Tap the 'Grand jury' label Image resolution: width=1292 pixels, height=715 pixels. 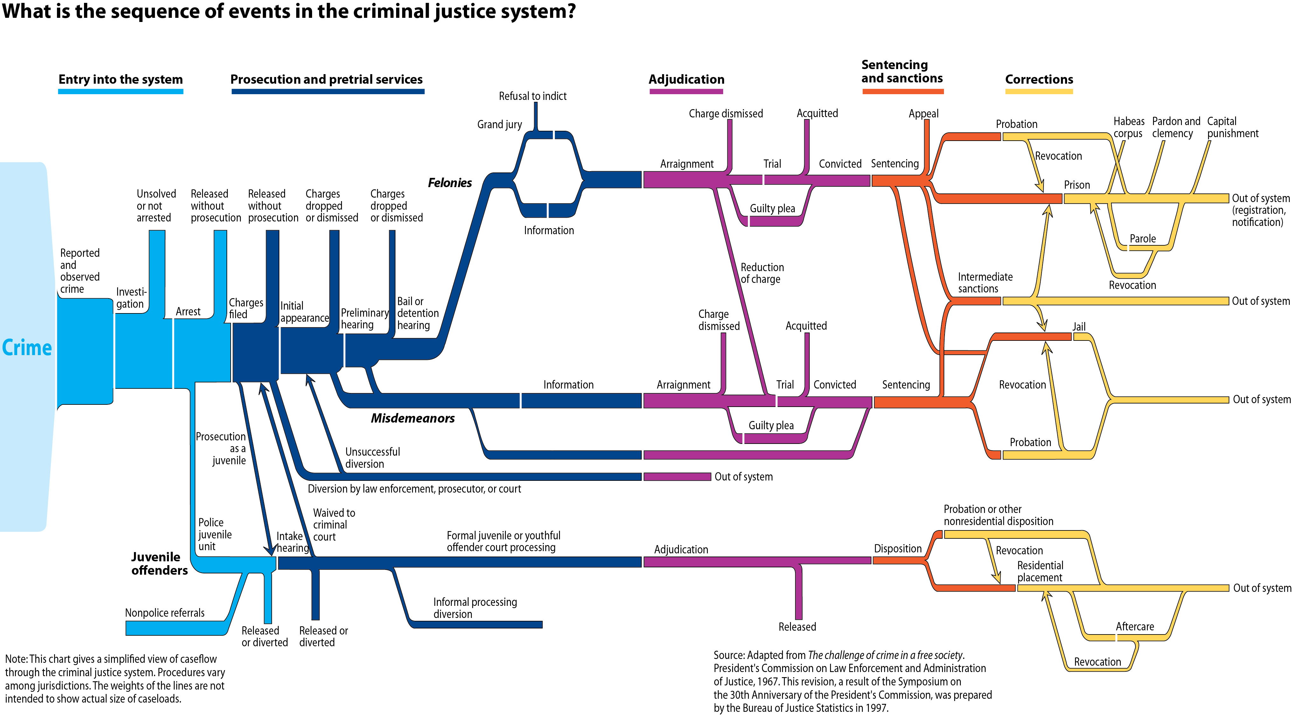click(499, 124)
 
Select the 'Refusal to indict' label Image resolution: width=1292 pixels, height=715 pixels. click(532, 96)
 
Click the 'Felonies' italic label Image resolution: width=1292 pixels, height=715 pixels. click(450, 183)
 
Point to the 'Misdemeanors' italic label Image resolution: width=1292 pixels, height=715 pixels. click(412, 418)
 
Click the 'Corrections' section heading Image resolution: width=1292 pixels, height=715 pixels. click(1039, 79)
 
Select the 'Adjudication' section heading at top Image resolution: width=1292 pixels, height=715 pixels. click(686, 79)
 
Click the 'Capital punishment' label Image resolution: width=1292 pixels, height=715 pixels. click(1232, 128)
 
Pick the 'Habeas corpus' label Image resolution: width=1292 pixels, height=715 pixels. click(1128, 128)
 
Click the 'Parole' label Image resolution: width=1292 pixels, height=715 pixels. click(1142, 239)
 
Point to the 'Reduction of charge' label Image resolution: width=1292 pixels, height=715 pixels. click(762, 273)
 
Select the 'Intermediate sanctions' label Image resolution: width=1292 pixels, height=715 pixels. click(985, 283)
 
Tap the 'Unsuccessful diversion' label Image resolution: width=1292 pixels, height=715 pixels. click(372, 458)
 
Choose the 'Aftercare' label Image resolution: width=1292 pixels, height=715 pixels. click(1135, 627)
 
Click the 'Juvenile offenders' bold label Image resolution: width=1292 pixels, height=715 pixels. click(159, 564)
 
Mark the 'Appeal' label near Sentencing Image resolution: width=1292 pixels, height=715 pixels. click(923, 113)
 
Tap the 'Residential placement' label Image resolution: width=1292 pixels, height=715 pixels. click(1040, 571)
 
